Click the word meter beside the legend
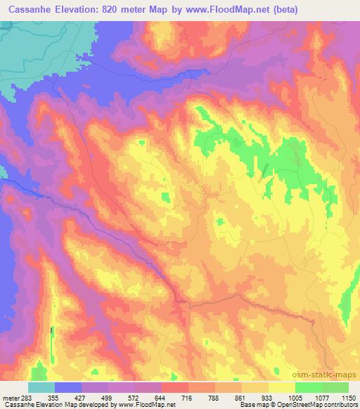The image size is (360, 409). [12, 397]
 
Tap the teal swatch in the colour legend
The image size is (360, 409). [41, 387]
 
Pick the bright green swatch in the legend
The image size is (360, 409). [309, 387]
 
